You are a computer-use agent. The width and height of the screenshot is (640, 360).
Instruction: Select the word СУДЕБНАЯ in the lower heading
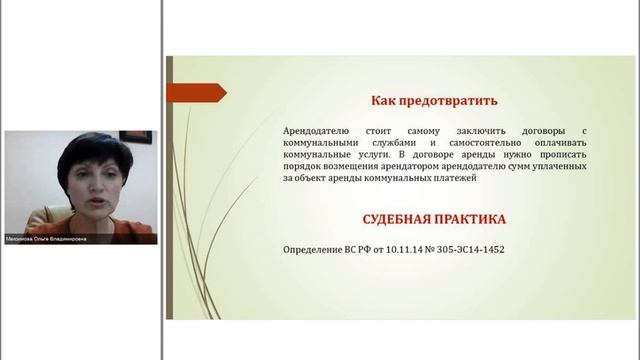[394, 218]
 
